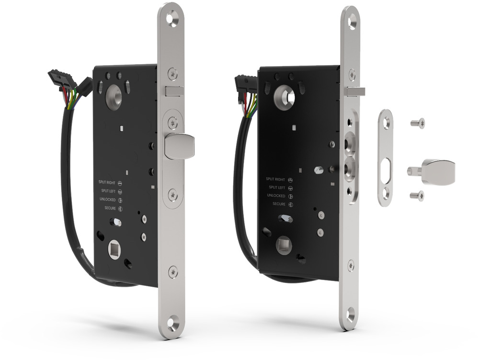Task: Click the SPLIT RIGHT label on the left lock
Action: click(x=107, y=182)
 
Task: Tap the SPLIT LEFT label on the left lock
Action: click(x=108, y=191)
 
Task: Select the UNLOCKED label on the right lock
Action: click(x=276, y=196)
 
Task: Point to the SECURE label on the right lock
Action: click(x=279, y=204)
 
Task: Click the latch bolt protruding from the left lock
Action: click(x=179, y=146)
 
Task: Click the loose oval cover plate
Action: click(x=386, y=157)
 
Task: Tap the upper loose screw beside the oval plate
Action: click(x=418, y=123)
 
